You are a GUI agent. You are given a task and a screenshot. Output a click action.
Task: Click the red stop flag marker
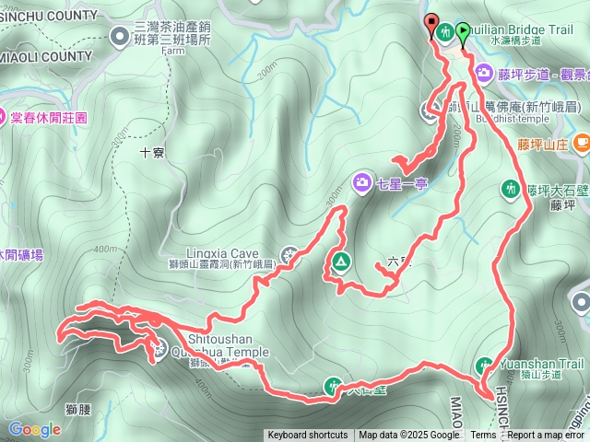(x=431, y=25)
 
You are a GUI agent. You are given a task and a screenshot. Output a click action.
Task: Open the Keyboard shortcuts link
(x=308, y=436)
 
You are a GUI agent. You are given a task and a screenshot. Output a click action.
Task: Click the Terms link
(x=483, y=436)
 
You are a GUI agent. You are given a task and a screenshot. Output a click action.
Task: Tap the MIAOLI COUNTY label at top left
(x=46, y=55)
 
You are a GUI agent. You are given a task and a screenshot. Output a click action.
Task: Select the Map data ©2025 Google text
(x=409, y=436)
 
